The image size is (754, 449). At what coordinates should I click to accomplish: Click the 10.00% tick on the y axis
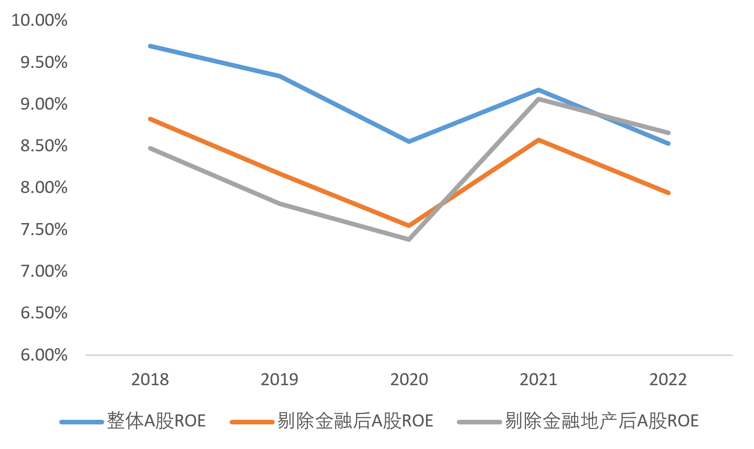click(39, 20)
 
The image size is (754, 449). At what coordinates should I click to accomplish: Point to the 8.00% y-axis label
click(44, 187)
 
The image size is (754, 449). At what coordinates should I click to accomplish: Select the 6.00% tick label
click(44, 355)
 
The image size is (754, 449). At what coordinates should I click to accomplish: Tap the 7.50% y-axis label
click(44, 229)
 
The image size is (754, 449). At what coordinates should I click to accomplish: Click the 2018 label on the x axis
click(150, 379)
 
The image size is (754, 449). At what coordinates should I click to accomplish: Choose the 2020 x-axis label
click(409, 379)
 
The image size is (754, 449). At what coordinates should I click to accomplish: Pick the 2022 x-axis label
click(668, 379)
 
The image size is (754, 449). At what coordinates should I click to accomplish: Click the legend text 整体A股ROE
click(156, 421)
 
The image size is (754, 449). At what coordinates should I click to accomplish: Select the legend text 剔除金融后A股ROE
click(355, 421)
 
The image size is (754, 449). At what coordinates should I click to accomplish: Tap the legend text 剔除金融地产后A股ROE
click(601, 421)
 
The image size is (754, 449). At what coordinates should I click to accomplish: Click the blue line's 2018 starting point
click(150, 46)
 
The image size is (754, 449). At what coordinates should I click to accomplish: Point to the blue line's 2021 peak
click(539, 90)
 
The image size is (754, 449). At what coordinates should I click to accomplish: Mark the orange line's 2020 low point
click(409, 226)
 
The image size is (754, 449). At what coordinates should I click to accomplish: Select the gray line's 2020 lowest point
click(409, 239)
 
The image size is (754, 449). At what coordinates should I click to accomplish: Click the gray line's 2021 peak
click(539, 99)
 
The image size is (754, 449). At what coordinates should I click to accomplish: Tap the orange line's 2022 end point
click(668, 193)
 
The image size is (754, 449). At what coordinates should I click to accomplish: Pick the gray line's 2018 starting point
click(150, 148)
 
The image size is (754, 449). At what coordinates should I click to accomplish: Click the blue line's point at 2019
click(280, 76)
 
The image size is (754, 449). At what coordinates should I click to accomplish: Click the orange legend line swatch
click(252, 422)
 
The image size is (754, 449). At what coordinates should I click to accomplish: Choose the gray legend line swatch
click(479, 422)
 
